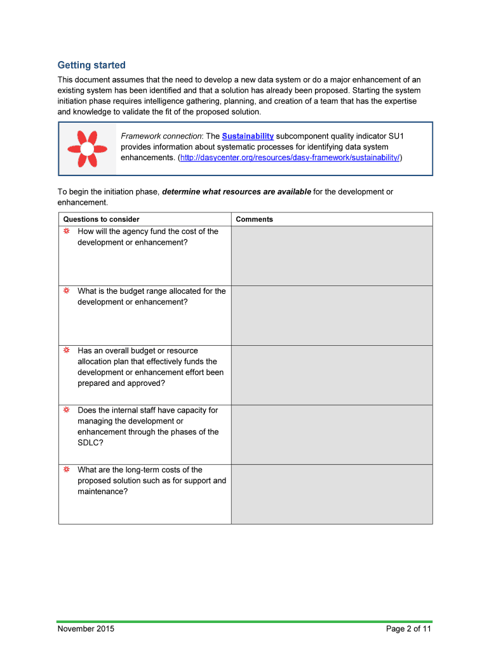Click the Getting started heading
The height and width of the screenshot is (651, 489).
[x=91, y=65]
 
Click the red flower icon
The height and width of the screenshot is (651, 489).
[x=87, y=149]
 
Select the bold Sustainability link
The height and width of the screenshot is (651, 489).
[x=248, y=136]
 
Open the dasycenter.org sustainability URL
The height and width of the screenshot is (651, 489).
[x=290, y=157]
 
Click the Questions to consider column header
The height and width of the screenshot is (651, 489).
[x=101, y=219]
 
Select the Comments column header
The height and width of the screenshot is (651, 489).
[x=254, y=219]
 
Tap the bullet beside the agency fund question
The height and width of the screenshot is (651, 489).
[x=66, y=231]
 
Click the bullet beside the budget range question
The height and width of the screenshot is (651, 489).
[x=66, y=291]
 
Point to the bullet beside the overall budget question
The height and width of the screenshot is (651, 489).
[x=66, y=351]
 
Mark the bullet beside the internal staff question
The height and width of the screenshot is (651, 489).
[x=66, y=410]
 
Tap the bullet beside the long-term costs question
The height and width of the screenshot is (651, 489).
[x=66, y=470]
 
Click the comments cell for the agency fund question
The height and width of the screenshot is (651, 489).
[x=332, y=256]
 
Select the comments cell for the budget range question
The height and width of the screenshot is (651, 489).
[x=332, y=315]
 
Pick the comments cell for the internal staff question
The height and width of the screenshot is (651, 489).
[x=332, y=435]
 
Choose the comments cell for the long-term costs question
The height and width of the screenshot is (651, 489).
[x=332, y=494]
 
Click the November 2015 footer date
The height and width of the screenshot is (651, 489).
[x=86, y=629]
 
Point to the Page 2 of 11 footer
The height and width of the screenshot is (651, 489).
[x=408, y=629]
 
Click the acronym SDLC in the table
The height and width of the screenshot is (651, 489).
[x=88, y=442]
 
